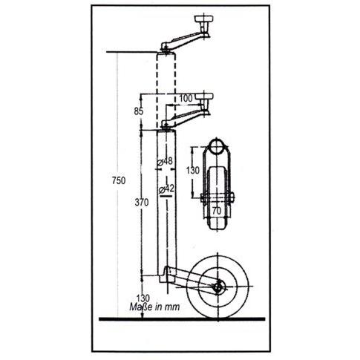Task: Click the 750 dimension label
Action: [x=119, y=180]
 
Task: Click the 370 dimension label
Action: [x=142, y=203]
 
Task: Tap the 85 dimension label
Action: [x=139, y=111]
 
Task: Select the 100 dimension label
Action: [x=186, y=98]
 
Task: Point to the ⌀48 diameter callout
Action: [x=166, y=161]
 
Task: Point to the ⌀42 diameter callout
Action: [x=167, y=189]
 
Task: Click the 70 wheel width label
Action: [x=217, y=211]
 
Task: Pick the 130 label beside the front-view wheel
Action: [x=193, y=171]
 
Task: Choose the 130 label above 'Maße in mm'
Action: [x=143, y=298]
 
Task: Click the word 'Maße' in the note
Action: [x=141, y=307]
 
